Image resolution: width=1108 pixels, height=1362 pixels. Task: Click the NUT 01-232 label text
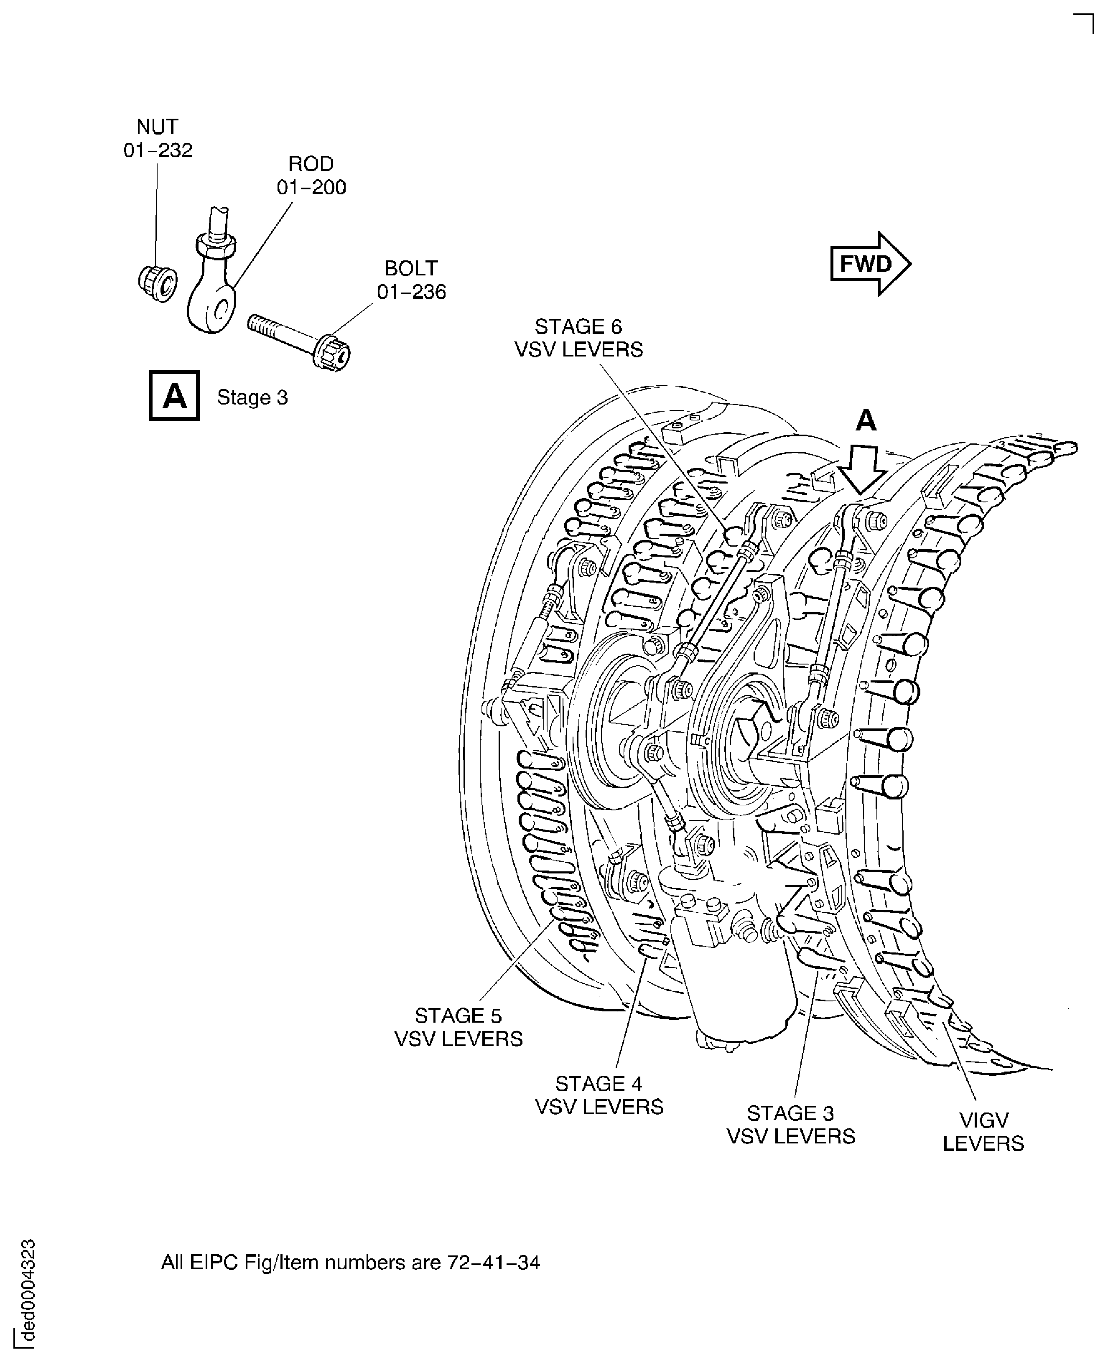pos(158,138)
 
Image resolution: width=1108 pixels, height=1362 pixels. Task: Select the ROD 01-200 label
pos(311,176)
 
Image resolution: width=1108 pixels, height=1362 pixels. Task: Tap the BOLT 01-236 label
pos(411,280)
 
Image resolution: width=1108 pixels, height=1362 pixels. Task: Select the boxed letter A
pos(174,396)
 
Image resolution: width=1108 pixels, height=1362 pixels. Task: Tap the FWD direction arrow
pos(869,264)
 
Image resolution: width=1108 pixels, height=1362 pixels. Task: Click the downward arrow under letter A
pos(862,471)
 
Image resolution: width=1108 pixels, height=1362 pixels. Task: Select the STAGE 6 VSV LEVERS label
pos(578,338)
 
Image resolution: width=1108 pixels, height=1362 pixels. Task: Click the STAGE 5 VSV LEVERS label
pos(458,1027)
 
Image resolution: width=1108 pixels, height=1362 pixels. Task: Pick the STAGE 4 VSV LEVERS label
pos(599,1095)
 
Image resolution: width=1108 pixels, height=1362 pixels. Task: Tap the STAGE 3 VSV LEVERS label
pos(790,1125)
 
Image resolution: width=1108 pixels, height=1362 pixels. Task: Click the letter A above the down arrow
pos(866,420)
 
